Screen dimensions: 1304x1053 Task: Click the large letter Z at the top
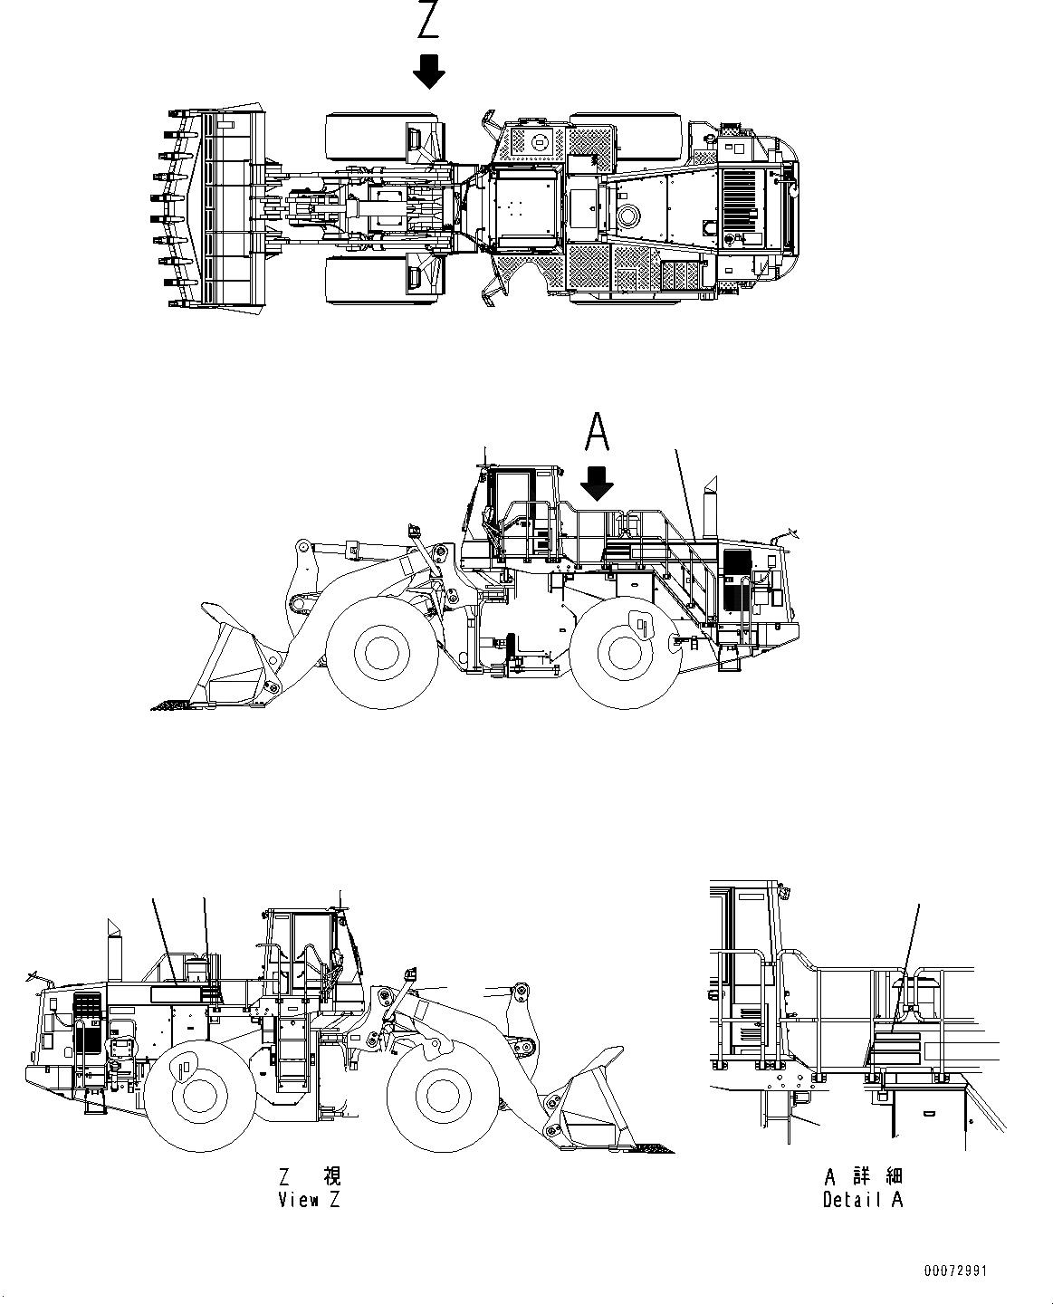pyautogui.click(x=428, y=20)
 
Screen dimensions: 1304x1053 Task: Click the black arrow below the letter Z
pyautogui.click(x=428, y=71)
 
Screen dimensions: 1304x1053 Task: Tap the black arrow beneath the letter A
pyautogui.click(x=597, y=484)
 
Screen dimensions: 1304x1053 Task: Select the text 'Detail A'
pyautogui.click(x=863, y=1200)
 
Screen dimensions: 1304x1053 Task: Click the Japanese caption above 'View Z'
pyautogui.click(x=311, y=1176)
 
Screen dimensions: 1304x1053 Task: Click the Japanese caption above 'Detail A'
pyautogui.click(x=863, y=1176)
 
